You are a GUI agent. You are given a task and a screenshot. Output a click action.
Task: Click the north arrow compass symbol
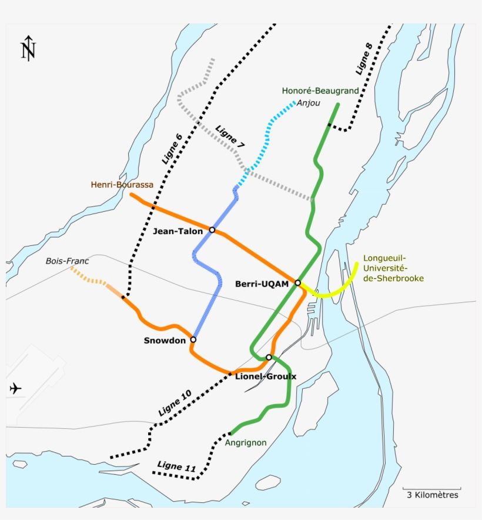point(28,48)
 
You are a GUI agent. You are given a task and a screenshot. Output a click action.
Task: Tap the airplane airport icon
point(16,388)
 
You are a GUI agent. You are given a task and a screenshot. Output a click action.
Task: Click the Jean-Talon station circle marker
point(212,230)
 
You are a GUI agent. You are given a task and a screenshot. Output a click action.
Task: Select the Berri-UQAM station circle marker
point(298,283)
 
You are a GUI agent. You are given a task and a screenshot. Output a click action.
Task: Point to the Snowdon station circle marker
point(193,339)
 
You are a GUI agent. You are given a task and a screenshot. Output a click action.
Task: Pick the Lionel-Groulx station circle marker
point(269,357)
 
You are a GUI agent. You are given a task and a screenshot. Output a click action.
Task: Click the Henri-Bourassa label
point(122,185)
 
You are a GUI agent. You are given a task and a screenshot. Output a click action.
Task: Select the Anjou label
point(309,104)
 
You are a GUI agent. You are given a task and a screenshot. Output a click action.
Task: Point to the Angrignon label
point(246,442)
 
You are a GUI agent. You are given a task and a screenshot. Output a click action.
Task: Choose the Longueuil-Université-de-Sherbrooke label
point(393,268)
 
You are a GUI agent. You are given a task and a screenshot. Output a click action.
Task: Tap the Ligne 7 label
point(230,136)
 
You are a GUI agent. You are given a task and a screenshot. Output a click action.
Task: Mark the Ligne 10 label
point(175,403)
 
